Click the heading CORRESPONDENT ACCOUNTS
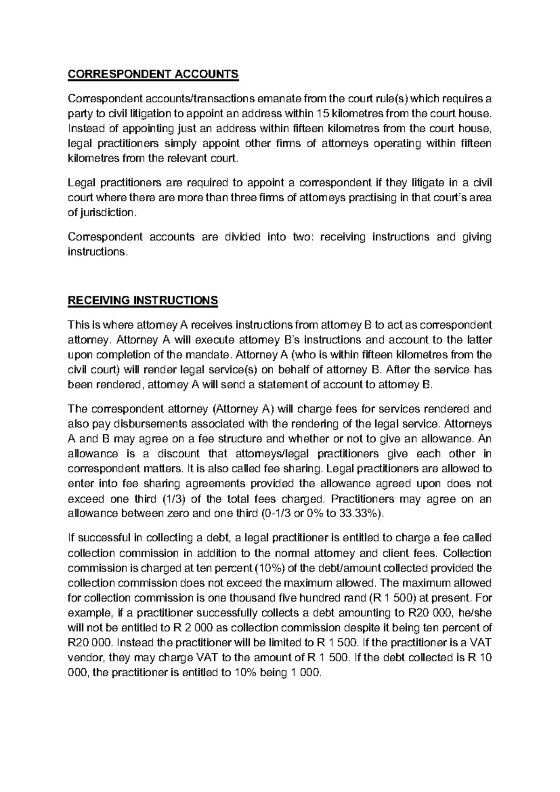(153, 74)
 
